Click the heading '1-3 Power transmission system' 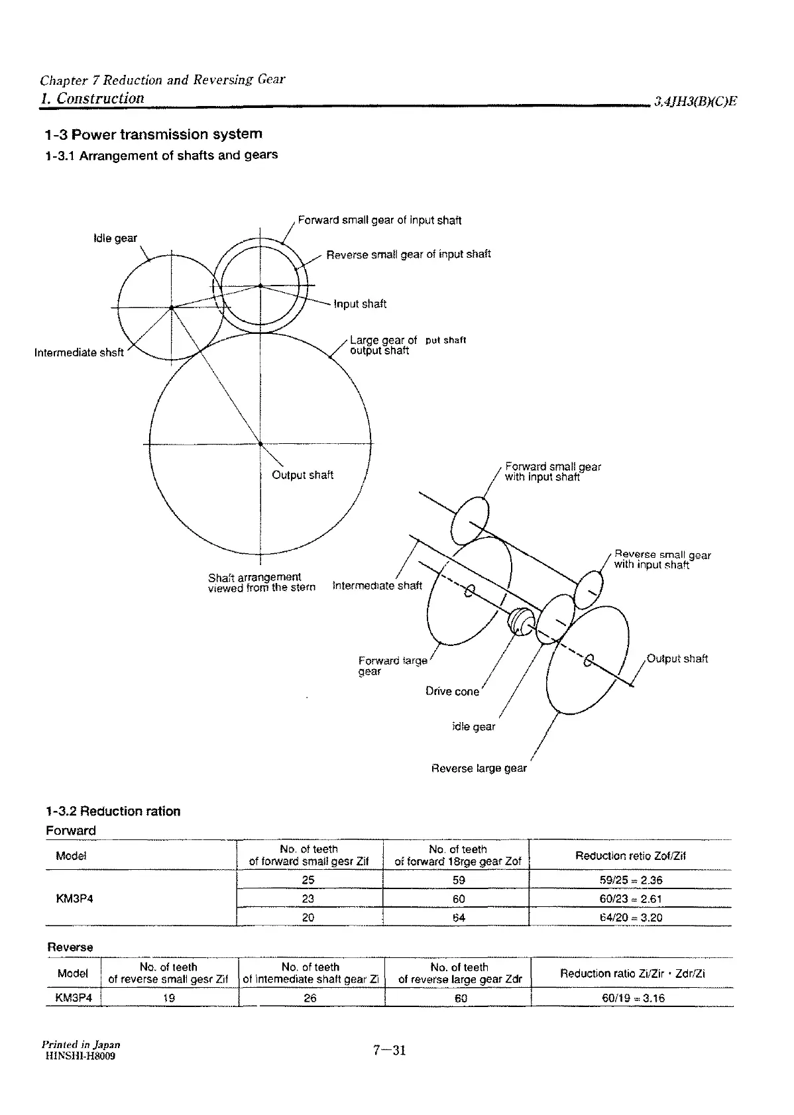pos(153,134)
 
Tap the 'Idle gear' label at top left pos(115,238)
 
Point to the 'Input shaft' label pos(360,304)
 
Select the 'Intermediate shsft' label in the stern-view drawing pos(79,352)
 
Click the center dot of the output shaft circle pos(260,444)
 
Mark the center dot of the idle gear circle pos(171,307)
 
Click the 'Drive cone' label pos(452,692)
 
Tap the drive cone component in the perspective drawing pos(518,620)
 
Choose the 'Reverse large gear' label pos(479,769)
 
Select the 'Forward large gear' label pos(392,666)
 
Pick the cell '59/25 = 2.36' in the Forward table pos(629,880)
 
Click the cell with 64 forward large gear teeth pos(459,918)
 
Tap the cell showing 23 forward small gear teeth pos(308,899)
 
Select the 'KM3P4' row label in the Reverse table pos(73,998)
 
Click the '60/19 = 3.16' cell pos(633,998)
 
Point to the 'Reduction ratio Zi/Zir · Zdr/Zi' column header pos(632,973)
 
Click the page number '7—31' pos(389,1050)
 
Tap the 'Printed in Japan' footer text pos(80,1045)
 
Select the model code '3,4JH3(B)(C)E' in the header pos(695,101)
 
